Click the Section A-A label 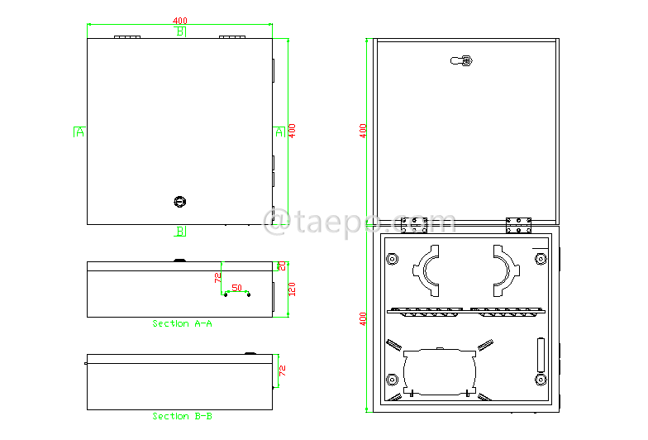point(182,323)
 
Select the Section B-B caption point(182,416)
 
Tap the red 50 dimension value point(237,288)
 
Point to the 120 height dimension point(292,289)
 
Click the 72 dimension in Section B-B point(281,370)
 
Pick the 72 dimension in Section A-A point(218,278)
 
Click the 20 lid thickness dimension point(282,265)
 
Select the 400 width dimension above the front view point(179,21)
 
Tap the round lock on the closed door point(180,200)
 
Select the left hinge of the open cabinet point(412,225)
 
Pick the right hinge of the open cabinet point(518,225)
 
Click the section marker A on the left point(79,132)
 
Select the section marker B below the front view point(180,232)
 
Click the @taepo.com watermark point(359,221)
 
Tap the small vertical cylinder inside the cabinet point(542,355)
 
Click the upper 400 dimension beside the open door point(363,131)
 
